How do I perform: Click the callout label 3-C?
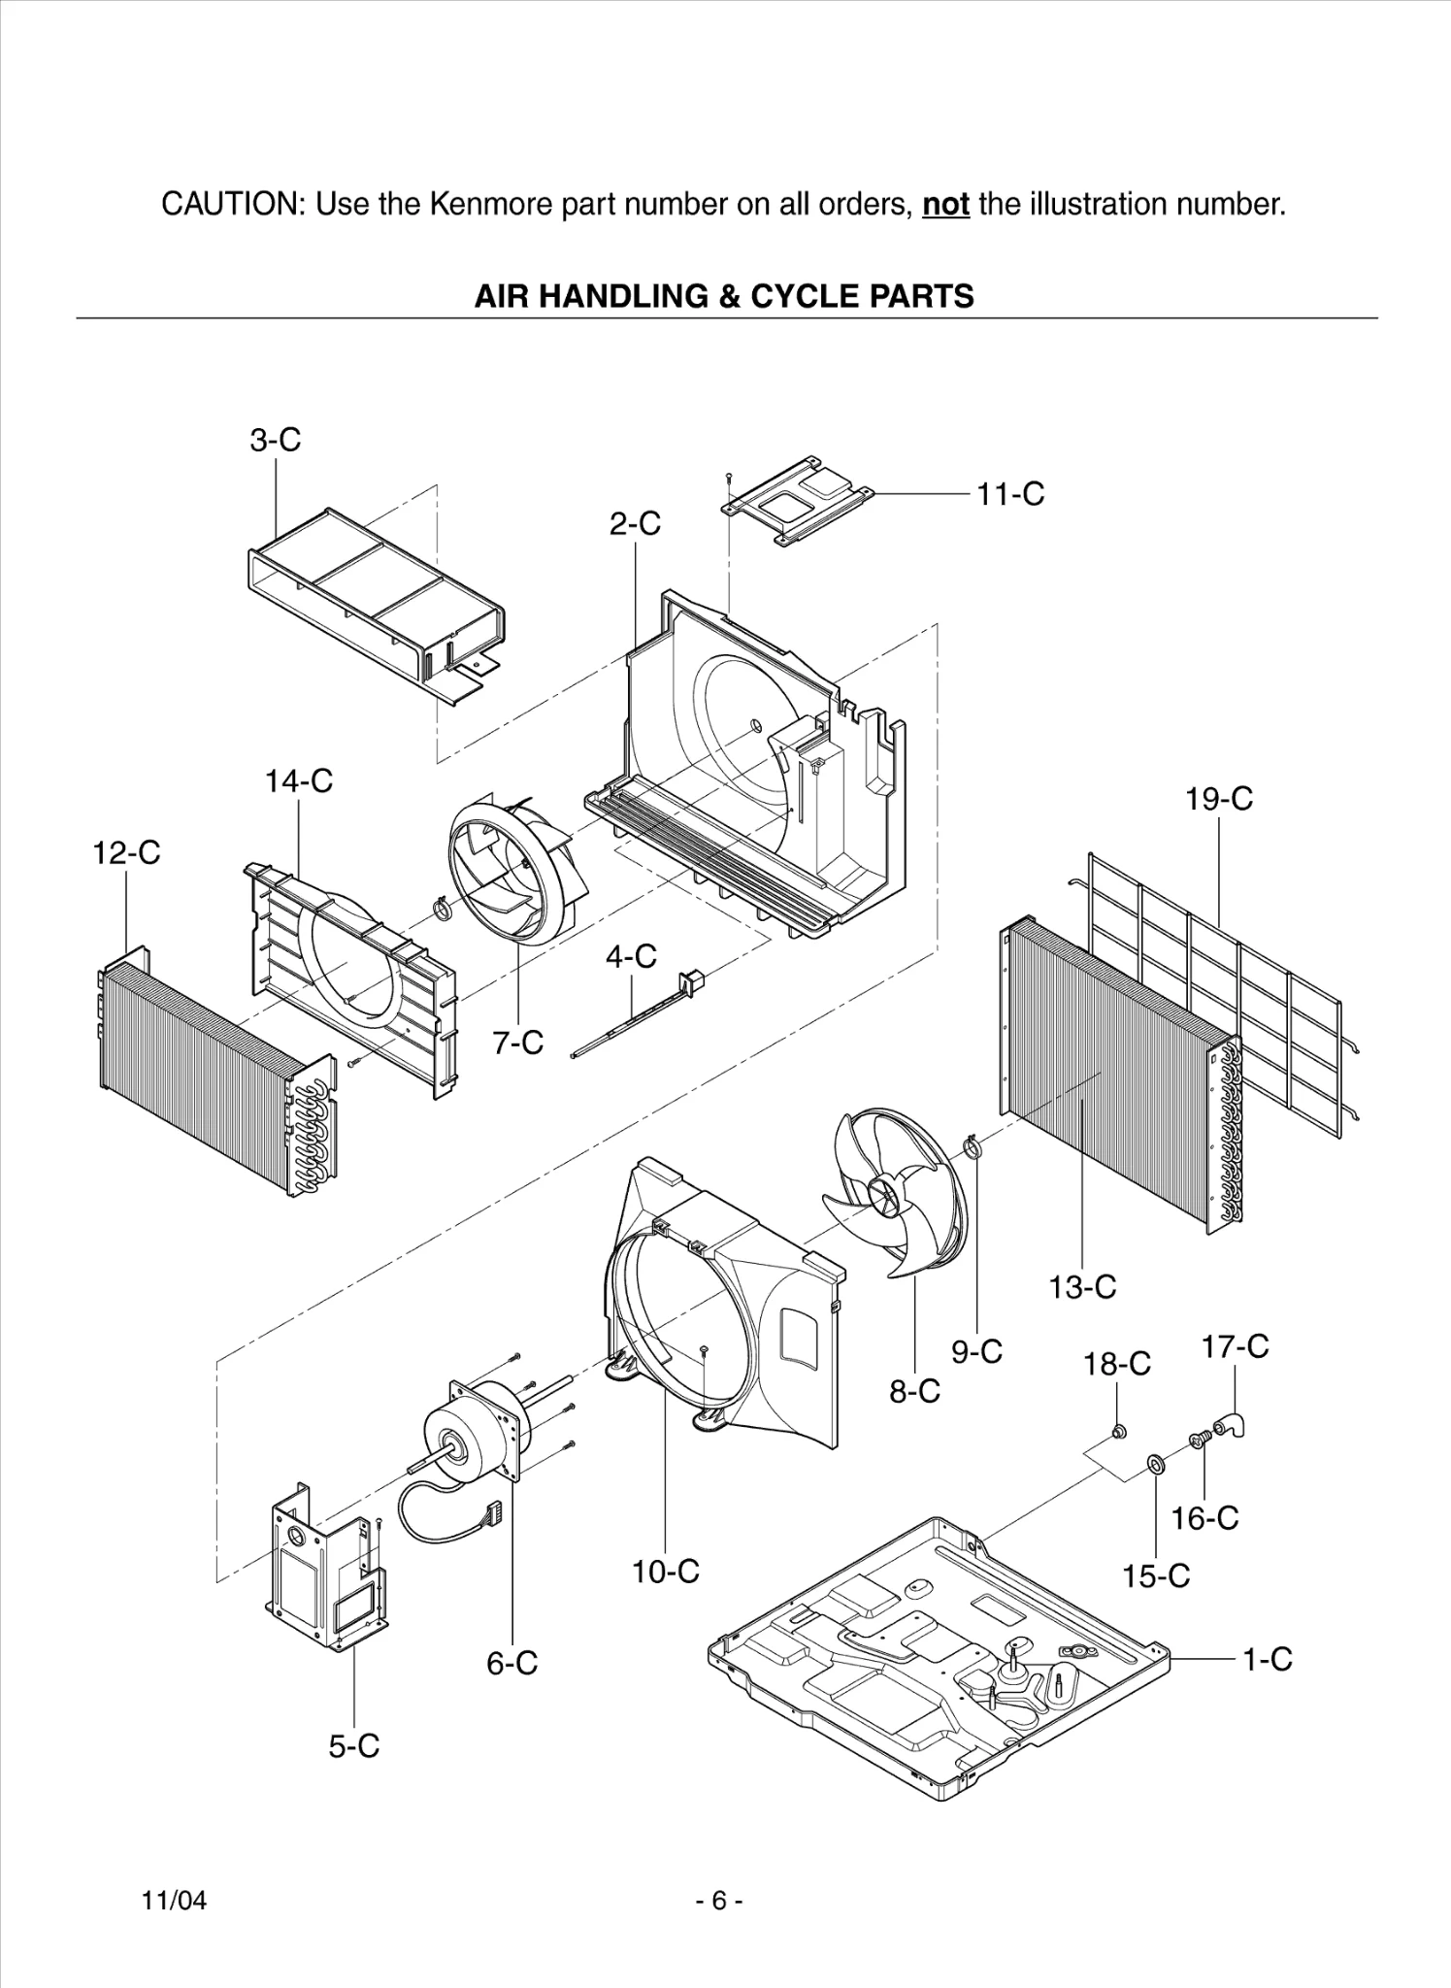pyautogui.click(x=276, y=440)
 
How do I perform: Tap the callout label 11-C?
pyautogui.click(x=1010, y=494)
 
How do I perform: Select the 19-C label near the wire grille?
pyautogui.click(x=1218, y=799)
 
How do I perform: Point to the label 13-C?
pyautogui.click(x=1082, y=1287)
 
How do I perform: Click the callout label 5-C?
pyautogui.click(x=353, y=1746)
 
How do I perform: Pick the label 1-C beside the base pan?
pyautogui.click(x=1268, y=1659)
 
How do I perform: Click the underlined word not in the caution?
pyautogui.click(x=945, y=205)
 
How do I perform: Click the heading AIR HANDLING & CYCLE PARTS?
pyautogui.click(x=724, y=295)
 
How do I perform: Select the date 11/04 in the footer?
pyautogui.click(x=175, y=1901)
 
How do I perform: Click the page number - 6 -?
pyautogui.click(x=719, y=1901)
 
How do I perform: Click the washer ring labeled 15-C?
pyautogui.click(x=1156, y=1463)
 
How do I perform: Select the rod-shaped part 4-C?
pyautogui.click(x=631, y=1018)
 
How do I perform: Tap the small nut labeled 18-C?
pyautogui.click(x=1117, y=1430)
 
